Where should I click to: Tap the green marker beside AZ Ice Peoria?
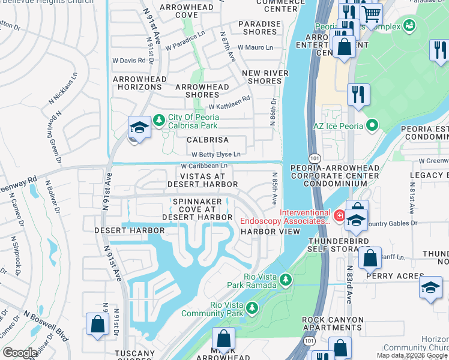[372, 125]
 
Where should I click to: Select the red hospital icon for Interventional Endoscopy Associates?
[339, 214]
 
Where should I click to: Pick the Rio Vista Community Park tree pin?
[253, 308]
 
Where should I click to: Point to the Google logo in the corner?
[20, 353]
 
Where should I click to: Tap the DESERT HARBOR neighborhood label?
[129, 230]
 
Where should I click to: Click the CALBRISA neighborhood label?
[208, 139]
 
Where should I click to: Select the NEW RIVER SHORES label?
[265, 77]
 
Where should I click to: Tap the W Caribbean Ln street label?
[204, 166]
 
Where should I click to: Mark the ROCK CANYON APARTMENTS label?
[333, 323]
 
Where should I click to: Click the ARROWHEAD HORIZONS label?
[137, 83]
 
